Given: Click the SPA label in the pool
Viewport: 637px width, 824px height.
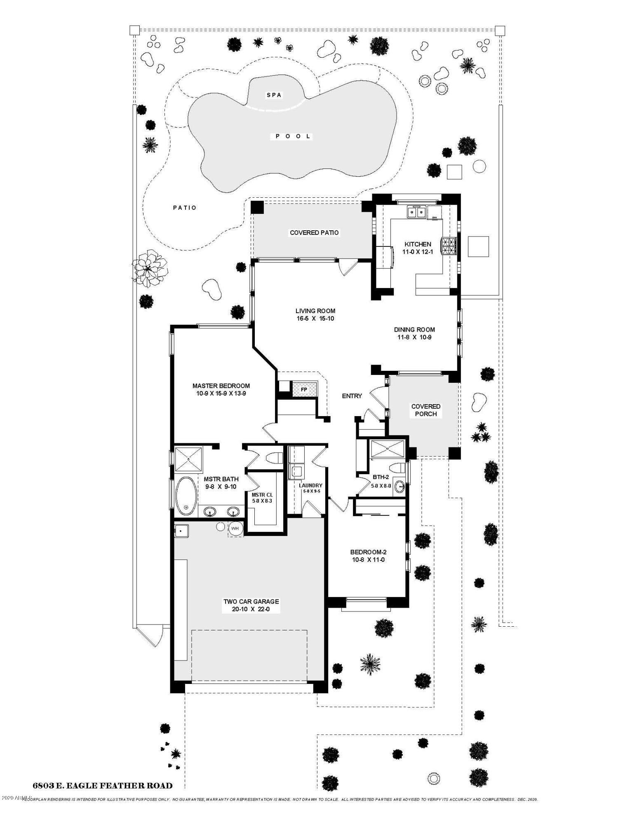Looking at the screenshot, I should [x=274, y=95].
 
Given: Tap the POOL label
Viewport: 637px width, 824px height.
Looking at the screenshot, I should [x=293, y=136].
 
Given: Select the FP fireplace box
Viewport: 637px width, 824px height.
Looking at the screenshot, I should [x=304, y=389].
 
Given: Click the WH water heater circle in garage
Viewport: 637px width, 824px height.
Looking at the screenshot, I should [x=235, y=529].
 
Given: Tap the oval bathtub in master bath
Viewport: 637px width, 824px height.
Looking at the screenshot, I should [x=186, y=496].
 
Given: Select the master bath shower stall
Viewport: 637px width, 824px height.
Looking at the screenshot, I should [x=188, y=459].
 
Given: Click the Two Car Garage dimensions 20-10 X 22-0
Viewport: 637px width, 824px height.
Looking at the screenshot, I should [x=251, y=609].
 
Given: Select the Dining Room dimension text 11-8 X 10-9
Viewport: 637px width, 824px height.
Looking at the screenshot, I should [x=414, y=337].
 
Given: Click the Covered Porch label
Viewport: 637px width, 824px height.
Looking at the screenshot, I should [x=425, y=410].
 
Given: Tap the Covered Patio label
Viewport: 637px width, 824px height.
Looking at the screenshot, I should [x=314, y=233].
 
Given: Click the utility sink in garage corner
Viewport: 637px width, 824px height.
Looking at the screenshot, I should [x=181, y=531].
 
